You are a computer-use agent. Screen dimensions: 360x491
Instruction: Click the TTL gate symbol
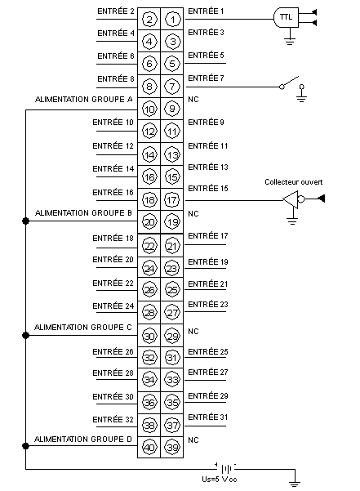pos(286,17)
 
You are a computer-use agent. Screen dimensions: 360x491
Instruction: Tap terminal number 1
pos(172,20)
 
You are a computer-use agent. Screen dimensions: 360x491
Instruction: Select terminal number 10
pos(149,109)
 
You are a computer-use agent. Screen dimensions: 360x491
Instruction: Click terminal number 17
pos(172,200)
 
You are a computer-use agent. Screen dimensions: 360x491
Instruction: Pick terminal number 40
pos(149,447)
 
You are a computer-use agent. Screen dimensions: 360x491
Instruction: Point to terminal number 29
pos(172,336)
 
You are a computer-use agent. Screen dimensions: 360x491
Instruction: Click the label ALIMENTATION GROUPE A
pos(84,100)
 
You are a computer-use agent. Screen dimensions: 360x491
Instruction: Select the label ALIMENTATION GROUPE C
pos(83,328)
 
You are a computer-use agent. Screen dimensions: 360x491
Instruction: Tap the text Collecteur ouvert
pos(293,182)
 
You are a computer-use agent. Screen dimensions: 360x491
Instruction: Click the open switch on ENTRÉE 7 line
pos(291,83)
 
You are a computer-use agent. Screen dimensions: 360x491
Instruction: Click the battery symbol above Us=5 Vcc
pos(226,469)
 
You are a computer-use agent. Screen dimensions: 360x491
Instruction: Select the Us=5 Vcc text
pos(220,479)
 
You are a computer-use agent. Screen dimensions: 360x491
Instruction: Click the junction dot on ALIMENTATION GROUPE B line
pos(25,221)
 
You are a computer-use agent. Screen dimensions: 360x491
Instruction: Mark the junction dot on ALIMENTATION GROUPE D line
pos(25,446)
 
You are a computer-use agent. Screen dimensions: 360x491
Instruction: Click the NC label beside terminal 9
pos(193,100)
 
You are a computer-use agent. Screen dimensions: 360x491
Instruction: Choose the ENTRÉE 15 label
pos(208,188)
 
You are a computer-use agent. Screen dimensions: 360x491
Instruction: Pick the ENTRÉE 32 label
pos(113,419)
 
